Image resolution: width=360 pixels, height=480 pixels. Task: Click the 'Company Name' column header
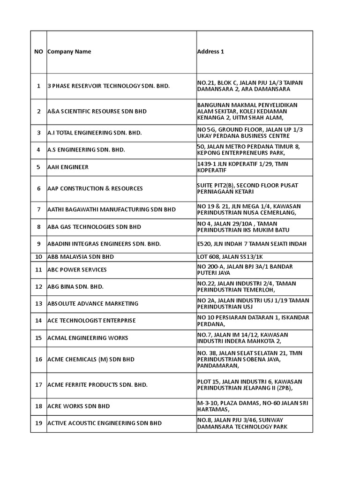[69, 52]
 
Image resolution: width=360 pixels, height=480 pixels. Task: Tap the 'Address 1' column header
[210, 52]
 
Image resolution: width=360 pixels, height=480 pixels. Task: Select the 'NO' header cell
[38, 52]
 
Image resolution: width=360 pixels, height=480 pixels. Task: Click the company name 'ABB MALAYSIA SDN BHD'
[81, 257]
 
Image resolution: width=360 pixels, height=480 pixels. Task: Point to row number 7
[38, 210]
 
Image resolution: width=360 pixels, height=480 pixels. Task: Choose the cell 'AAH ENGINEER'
[68, 167]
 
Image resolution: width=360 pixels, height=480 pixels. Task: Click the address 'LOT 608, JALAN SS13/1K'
[230, 257]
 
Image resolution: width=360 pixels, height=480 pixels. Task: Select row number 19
[38, 423]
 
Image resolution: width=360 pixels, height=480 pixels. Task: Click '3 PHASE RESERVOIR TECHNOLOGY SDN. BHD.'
[108, 86]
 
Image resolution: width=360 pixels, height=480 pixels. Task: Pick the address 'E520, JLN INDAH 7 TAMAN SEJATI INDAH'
[252, 244]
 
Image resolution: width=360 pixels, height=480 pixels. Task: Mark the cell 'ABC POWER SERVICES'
[77, 270]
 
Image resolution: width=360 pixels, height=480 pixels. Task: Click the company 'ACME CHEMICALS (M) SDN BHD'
[91, 359]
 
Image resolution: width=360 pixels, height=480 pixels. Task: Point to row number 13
[38, 303]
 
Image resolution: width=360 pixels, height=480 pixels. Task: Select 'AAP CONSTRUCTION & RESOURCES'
[95, 188]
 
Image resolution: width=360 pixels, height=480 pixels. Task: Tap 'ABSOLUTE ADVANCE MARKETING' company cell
[93, 303]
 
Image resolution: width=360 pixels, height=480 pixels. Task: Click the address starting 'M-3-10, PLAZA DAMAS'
[253, 406]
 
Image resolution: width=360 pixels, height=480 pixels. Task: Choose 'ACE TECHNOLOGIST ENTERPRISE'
[91, 321]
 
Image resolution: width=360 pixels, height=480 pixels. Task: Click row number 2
[38, 112]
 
